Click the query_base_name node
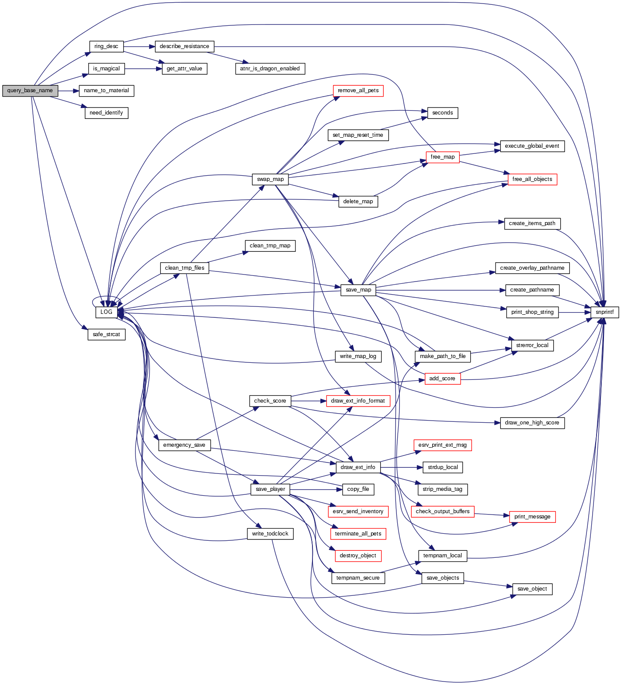coord(30,90)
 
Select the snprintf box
coord(604,312)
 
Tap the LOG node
coord(106,312)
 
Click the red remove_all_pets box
coord(358,90)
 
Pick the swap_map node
coord(270,179)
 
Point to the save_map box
coord(358,290)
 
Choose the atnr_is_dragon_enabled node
coord(270,69)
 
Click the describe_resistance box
coord(184,46)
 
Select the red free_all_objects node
coord(532,179)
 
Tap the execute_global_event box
coord(532,146)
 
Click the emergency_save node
coord(184,445)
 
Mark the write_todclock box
coord(270,534)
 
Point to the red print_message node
coord(532,517)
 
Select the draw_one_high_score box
coord(532,423)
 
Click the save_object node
coord(532,589)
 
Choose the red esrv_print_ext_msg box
coord(442,445)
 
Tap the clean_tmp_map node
coord(270,246)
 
